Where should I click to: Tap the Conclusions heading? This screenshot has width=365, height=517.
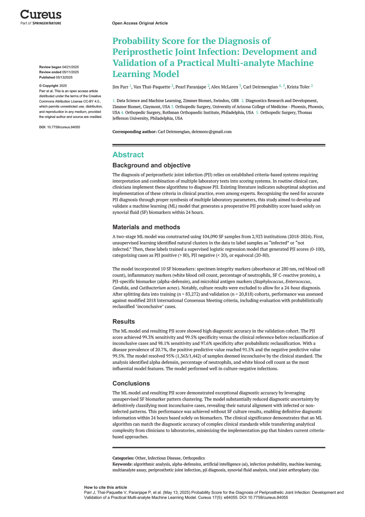(131, 383)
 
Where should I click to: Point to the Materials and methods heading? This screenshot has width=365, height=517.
(146, 227)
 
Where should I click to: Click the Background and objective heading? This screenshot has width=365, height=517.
(151, 165)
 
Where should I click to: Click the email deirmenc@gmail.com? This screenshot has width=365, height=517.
(211, 132)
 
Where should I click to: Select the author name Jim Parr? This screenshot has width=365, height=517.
(121, 87)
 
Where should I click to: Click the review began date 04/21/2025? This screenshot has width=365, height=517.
(71, 67)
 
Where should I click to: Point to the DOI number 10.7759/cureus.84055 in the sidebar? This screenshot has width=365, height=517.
(64, 127)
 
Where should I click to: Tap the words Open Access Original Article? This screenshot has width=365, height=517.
(140, 23)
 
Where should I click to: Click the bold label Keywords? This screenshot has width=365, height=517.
(122, 464)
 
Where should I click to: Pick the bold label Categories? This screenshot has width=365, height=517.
(123, 458)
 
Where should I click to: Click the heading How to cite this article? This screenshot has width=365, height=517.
(105, 487)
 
